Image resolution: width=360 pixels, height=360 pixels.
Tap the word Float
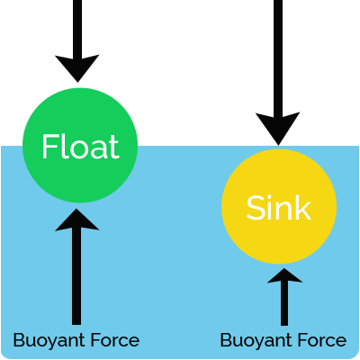click(x=79, y=147)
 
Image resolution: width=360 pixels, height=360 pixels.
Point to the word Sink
click(x=279, y=209)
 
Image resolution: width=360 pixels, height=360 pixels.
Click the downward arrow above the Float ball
click(x=77, y=36)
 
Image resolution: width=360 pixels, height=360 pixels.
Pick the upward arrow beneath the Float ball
click(x=76, y=270)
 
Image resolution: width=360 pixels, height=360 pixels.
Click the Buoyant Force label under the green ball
click(x=76, y=340)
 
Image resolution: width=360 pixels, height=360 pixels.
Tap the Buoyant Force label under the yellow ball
click(x=283, y=340)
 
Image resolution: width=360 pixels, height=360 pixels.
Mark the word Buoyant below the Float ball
click(x=50, y=340)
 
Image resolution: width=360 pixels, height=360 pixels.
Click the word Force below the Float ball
click(x=116, y=340)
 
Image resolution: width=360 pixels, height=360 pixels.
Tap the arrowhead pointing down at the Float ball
click(x=77, y=67)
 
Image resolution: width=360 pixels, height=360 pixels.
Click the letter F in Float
click(x=49, y=147)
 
